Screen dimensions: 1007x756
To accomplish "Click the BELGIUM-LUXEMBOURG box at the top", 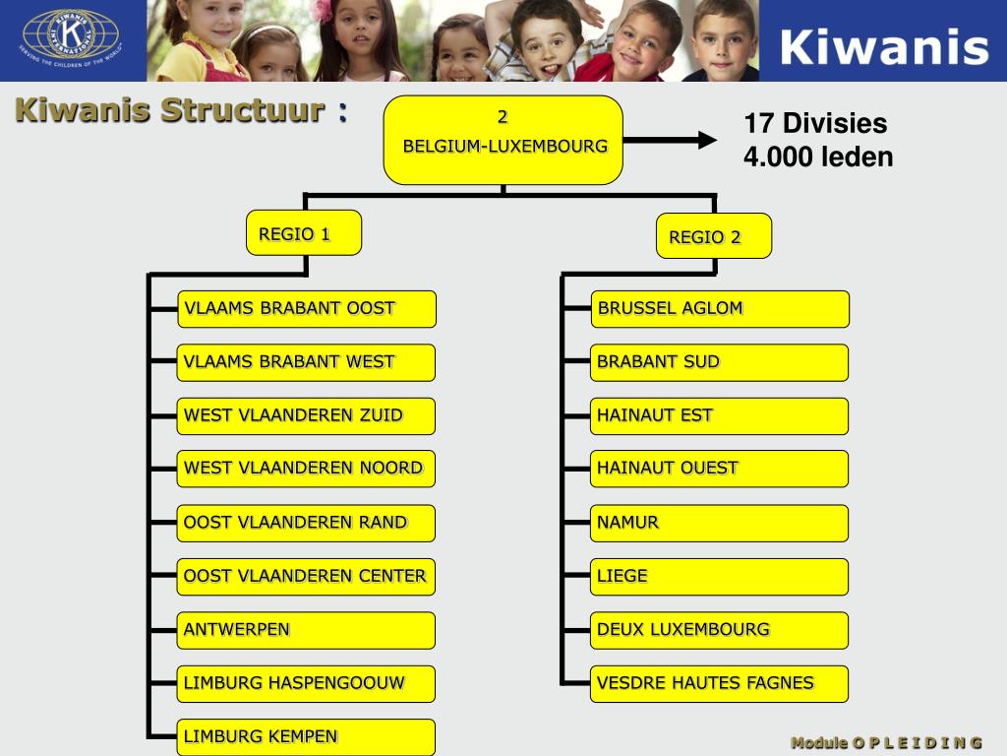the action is tap(503, 140).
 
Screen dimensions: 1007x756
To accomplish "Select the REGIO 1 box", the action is tap(304, 233).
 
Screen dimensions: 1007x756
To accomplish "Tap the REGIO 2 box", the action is tap(714, 236).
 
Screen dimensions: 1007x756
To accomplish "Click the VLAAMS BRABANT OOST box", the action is tap(306, 308).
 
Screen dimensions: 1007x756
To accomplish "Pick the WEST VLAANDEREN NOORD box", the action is tap(306, 469).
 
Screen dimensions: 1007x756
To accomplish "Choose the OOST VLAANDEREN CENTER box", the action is tap(306, 576).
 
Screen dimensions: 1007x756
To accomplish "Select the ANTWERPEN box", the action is tap(306, 630).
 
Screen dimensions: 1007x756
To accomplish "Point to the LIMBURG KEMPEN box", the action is tap(306, 736).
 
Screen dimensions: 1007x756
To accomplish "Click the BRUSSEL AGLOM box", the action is tap(720, 308).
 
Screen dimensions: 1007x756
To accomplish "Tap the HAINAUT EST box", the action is tap(720, 415).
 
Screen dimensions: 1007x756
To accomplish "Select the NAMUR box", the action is tap(720, 523).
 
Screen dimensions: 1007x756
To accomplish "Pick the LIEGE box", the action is tap(720, 576).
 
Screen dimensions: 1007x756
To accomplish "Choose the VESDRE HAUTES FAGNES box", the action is tap(720, 683).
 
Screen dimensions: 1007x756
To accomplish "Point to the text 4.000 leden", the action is tap(818, 157).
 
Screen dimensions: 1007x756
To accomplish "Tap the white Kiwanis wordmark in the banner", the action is tap(884, 45).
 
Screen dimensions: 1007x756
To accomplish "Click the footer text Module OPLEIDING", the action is tap(886, 742).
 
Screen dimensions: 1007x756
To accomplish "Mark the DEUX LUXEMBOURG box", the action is tap(720, 630).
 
